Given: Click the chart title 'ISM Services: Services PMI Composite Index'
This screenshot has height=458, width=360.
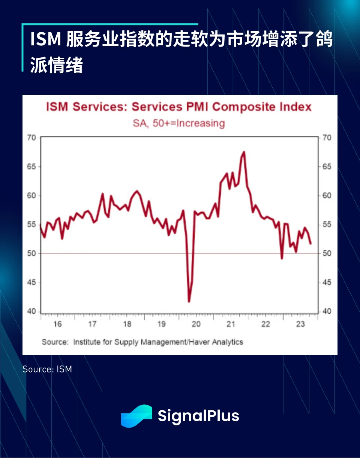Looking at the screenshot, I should (179, 107).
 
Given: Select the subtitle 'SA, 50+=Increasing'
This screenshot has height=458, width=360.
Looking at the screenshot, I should (179, 123).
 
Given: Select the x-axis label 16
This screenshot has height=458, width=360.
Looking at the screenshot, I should (57, 324).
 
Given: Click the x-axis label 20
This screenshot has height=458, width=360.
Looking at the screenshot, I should (196, 324).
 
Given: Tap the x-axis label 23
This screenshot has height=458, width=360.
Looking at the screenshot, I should (300, 324).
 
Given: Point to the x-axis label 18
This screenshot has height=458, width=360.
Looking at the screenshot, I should (127, 324).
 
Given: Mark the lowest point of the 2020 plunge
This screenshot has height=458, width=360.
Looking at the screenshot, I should (189, 301).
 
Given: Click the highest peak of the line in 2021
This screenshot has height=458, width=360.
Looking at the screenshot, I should (244, 152).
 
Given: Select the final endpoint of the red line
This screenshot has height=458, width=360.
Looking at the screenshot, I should (310, 243).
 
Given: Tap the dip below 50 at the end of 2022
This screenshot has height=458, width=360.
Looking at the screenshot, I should (282, 258).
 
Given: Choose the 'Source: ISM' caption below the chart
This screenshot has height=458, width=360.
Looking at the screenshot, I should (47, 369).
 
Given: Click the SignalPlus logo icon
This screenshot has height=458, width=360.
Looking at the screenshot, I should (136, 416).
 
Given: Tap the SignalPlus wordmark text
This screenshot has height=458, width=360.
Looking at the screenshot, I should (198, 416).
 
